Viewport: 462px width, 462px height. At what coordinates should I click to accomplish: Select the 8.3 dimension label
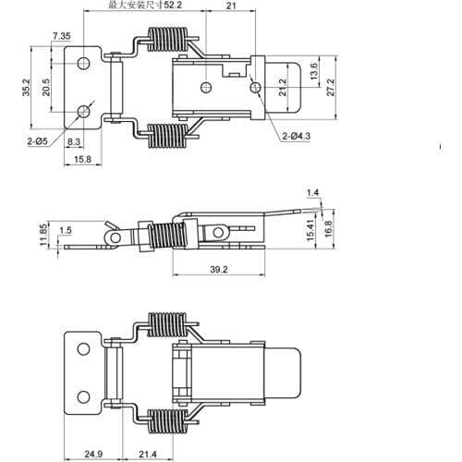[76, 141]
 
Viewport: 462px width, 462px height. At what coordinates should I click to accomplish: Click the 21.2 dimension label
[282, 88]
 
